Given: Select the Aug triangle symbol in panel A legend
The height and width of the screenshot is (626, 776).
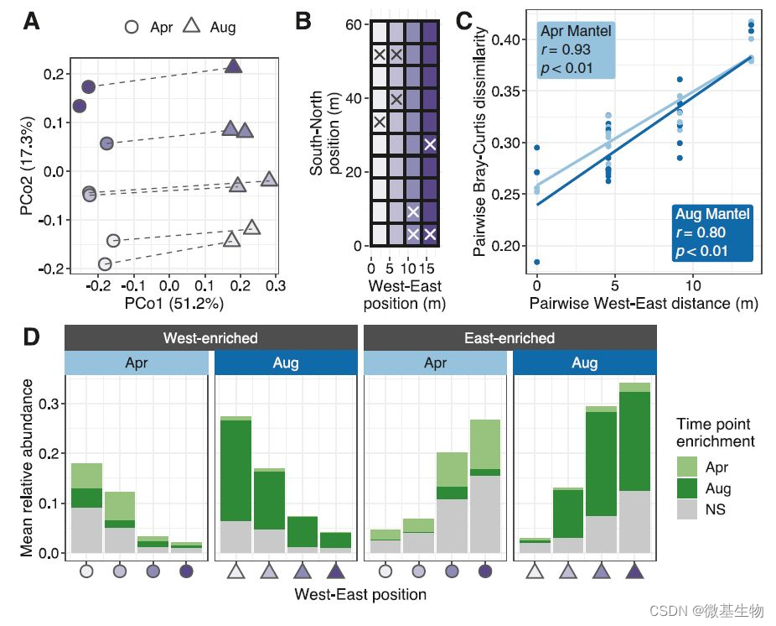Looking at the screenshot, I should [190, 26].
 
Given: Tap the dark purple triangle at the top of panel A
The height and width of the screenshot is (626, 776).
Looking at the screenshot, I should [235, 66].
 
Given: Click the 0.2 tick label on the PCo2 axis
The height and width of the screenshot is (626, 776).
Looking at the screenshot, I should [54, 75].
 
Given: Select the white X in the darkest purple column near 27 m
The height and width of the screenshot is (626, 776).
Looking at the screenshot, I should [430, 144].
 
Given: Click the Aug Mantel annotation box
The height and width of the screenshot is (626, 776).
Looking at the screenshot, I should [712, 232].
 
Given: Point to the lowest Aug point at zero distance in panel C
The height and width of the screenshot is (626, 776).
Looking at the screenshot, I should [536, 262].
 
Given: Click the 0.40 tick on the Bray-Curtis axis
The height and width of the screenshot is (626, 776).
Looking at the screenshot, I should [504, 39].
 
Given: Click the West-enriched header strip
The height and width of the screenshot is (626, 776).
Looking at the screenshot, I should [210, 338].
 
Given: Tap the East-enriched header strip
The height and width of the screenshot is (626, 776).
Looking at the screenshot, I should [510, 338].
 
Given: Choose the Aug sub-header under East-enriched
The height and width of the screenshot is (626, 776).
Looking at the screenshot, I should [584, 363].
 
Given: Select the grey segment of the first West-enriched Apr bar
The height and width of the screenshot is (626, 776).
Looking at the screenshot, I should [87, 529].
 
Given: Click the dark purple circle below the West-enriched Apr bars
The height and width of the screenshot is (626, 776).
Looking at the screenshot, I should [186, 571].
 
